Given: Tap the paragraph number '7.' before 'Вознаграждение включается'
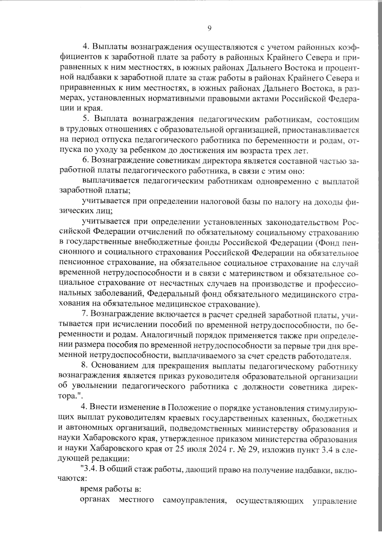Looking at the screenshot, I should pyautogui.click(x=84, y=315).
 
